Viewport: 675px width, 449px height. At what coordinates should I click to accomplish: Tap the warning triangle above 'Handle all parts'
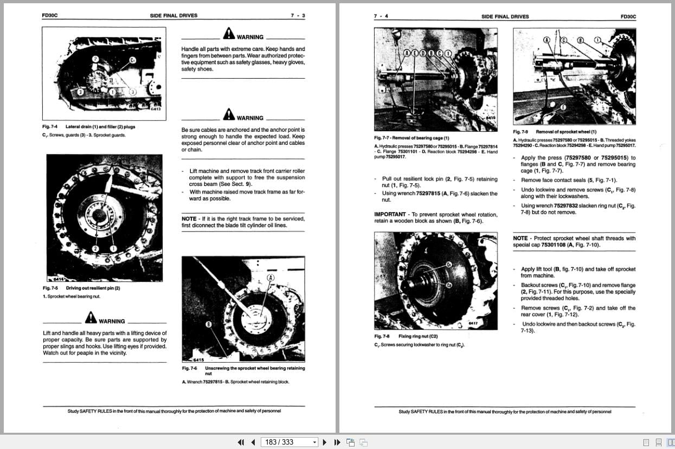[x=229, y=34]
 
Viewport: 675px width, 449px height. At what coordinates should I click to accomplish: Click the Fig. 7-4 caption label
[x=50, y=127]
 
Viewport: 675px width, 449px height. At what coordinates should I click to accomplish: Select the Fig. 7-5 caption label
[x=50, y=288]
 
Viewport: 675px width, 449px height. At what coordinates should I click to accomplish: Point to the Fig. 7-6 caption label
[x=189, y=368]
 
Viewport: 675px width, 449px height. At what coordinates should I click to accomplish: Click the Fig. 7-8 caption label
[x=382, y=336]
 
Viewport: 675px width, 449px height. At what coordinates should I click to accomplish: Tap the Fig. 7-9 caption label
[x=520, y=132]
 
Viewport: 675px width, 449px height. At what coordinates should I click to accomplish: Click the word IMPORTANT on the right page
[x=390, y=215]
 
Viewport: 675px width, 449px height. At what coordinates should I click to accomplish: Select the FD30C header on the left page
[x=49, y=16]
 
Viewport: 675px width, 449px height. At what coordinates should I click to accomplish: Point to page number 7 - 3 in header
[x=298, y=16]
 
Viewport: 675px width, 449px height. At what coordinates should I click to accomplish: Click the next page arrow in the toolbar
[x=325, y=442]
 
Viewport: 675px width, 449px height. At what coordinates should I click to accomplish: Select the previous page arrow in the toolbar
[x=253, y=442]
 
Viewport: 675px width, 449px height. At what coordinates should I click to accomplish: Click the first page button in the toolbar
[x=241, y=442]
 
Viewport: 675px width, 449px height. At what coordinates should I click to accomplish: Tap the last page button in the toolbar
[x=336, y=442]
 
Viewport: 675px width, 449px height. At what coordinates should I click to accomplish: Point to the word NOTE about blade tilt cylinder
[x=189, y=219]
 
